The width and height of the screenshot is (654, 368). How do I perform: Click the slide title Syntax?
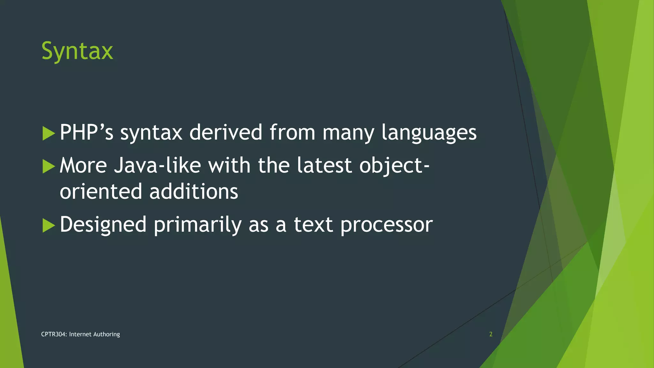click(x=77, y=51)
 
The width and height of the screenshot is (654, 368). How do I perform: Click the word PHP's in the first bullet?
click(x=87, y=132)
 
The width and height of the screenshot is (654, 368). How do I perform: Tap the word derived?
click(x=226, y=132)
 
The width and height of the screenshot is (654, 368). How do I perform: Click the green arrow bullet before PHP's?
click(x=49, y=133)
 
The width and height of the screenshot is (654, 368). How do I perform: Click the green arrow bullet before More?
click(x=49, y=166)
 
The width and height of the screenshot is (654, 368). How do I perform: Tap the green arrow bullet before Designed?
click(x=49, y=226)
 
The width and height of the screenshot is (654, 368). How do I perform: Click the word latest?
click(x=324, y=165)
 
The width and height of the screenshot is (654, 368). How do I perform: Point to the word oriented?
click(x=101, y=192)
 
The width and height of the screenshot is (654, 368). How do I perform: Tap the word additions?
click(x=194, y=192)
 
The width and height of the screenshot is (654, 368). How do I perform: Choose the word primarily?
click(x=197, y=225)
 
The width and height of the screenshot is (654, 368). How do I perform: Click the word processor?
click(x=386, y=225)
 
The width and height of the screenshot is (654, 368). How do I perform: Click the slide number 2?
click(x=491, y=334)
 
